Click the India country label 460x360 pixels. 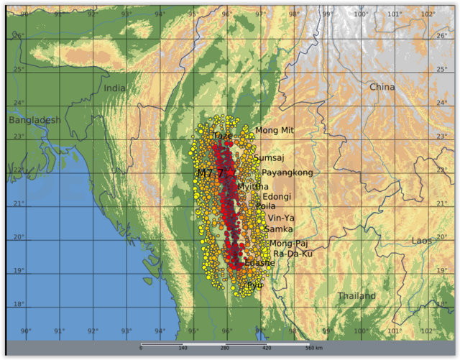click(x=114, y=88)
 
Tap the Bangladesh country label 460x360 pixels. click(x=34, y=120)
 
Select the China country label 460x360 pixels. click(x=382, y=87)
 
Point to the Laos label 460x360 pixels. click(x=423, y=241)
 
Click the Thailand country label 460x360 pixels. click(x=356, y=296)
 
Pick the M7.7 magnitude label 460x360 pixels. click(x=211, y=173)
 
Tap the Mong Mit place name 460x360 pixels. click(x=275, y=130)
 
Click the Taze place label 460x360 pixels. click(x=222, y=135)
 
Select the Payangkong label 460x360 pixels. click(x=287, y=172)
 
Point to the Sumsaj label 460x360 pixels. click(x=269, y=157)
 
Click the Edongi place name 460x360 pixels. click(x=277, y=196)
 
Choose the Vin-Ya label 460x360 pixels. click(x=280, y=218)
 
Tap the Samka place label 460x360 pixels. click(x=278, y=229)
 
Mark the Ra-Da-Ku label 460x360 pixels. click(x=293, y=254)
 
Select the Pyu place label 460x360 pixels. click(x=254, y=285)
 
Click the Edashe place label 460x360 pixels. click(x=259, y=263)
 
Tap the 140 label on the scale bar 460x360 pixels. click(x=183, y=348)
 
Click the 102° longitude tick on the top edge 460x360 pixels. click(x=428, y=14)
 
